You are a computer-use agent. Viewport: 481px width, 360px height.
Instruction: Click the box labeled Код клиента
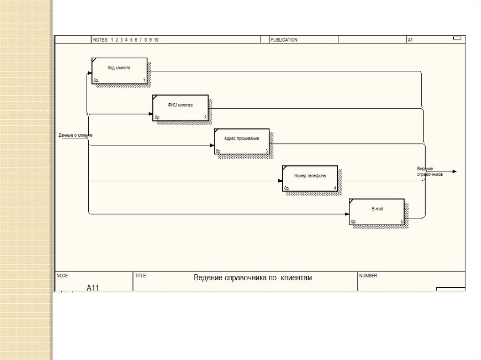[119, 71]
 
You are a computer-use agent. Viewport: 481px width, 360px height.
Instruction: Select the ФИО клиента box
[180, 108]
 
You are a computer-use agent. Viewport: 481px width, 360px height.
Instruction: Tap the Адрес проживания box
[241, 141]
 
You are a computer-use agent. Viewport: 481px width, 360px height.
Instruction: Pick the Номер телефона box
[310, 178]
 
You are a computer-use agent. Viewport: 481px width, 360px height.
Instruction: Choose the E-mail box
[377, 212]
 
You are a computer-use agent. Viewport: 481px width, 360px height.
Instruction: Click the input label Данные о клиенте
[75, 135]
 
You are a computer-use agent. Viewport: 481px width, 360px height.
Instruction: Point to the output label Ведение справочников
[430, 171]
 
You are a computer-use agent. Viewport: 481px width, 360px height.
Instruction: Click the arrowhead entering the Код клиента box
[89, 73]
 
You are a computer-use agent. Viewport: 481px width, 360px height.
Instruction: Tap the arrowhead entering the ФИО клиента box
[150, 115]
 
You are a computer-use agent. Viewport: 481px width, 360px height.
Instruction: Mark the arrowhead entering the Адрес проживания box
[212, 146]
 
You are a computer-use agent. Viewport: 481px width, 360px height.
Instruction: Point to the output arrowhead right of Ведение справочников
[454, 172]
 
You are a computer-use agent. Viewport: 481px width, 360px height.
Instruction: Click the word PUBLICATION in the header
[284, 40]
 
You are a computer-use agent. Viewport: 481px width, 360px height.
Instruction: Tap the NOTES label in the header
[100, 40]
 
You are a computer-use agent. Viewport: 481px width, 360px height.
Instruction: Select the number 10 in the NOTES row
[156, 40]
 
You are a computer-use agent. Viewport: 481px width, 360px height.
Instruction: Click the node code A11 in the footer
[93, 287]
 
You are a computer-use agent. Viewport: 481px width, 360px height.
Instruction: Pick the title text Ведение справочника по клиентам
[253, 278]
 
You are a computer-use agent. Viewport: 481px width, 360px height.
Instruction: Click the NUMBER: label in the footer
[369, 276]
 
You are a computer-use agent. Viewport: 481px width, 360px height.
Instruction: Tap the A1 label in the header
[410, 40]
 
